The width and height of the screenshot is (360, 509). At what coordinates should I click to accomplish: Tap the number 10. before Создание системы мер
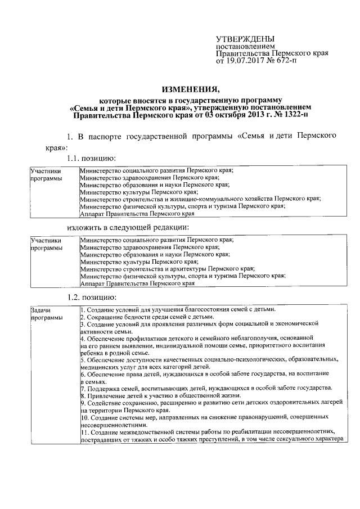[x=84, y=418]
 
